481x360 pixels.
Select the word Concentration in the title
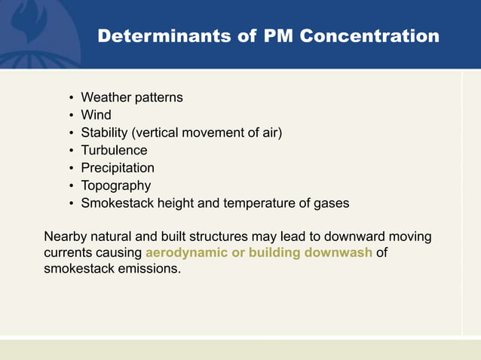[x=369, y=35]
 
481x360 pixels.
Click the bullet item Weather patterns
[x=132, y=97]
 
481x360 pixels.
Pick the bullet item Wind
[x=96, y=115]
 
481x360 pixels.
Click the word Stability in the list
[x=104, y=133]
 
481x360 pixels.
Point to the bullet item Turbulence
[x=114, y=151]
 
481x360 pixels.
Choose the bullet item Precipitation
[x=118, y=168]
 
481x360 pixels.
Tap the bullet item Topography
[x=116, y=185]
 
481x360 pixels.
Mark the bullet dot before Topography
[x=70, y=186]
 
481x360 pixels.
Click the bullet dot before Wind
[x=70, y=115]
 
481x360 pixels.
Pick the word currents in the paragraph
[x=68, y=252]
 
